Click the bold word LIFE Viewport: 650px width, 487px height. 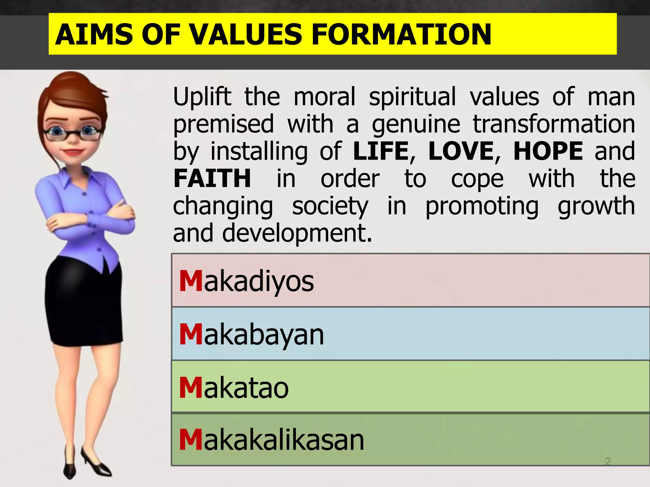(381, 151)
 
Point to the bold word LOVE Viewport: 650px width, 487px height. (461, 151)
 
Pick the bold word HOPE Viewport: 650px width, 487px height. (548, 151)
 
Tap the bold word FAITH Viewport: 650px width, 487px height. (212, 179)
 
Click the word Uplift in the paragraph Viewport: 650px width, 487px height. (202, 97)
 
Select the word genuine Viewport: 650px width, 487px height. (416, 125)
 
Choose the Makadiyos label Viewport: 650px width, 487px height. (246, 281)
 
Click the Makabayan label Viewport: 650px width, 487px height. (251, 334)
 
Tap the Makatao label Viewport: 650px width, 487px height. (234, 387)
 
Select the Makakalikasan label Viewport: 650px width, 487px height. (271, 440)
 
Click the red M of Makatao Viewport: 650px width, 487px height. (191, 387)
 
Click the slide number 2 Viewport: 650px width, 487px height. (607, 461)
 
